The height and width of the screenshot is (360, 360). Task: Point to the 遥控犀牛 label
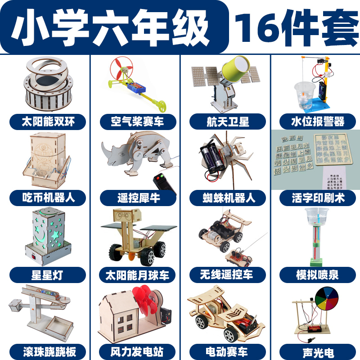click(x=137, y=198)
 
